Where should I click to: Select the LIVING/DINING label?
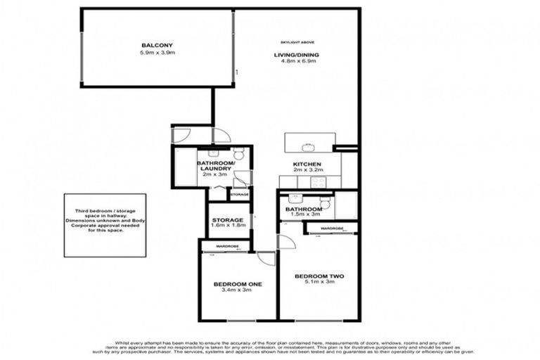point(295,54)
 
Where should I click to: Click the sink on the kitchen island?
point(308,148)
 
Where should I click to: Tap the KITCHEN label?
point(307,165)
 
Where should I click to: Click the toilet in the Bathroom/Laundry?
point(238,155)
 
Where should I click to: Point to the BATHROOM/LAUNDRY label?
point(217,167)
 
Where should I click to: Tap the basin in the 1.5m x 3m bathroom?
point(294,199)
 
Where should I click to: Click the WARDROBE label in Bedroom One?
point(228,246)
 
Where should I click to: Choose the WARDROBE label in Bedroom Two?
point(331,229)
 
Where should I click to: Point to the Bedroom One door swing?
point(266,259)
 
